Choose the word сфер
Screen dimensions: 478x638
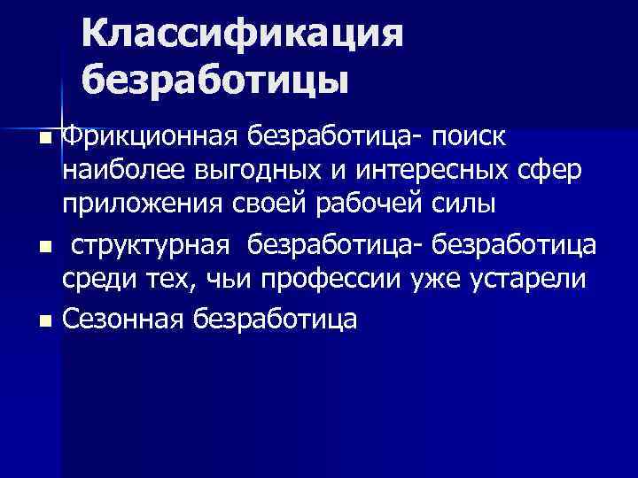[550, 170]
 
